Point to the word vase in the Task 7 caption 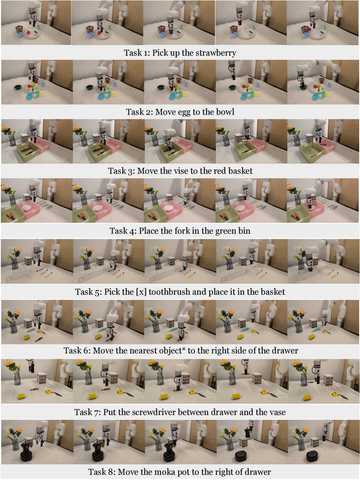277,413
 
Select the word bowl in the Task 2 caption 225,112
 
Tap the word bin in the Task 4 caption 244,231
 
